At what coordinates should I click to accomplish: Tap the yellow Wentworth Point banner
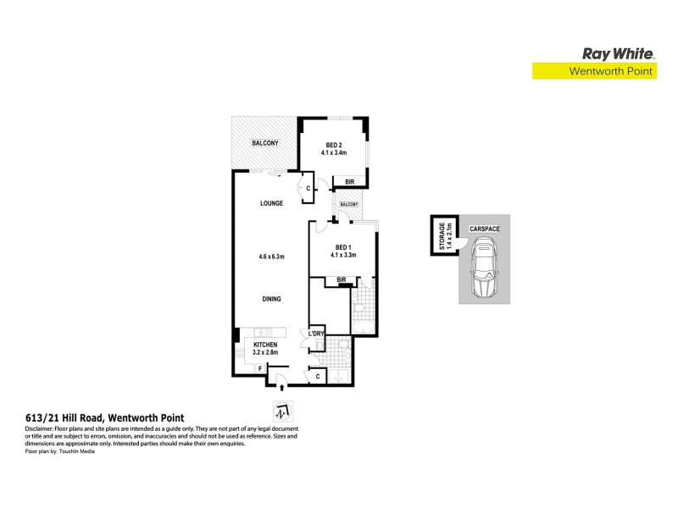pyautogui.click(x=593, y=72)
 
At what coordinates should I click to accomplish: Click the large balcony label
pyautogui.click(x=264, y=143)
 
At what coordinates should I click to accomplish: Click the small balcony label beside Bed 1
pyautogui.click(x=349, y=205)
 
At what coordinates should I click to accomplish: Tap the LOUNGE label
pyautogui.click(x=271, y=204)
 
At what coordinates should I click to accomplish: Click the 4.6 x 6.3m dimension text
pyautogui.click(x=271, y=255)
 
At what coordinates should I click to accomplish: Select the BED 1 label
pyautogui.click(x=344, y=246)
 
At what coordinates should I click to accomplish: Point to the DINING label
pyautogui.click(x=271, y=299)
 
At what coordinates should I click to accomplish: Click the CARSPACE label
pyautogui.click(x=484, y=229)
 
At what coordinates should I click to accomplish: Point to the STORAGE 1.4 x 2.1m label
pyautogui.click(x=442, y=234)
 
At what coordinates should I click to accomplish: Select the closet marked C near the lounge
pyautogui.click(x=307, y=188)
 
